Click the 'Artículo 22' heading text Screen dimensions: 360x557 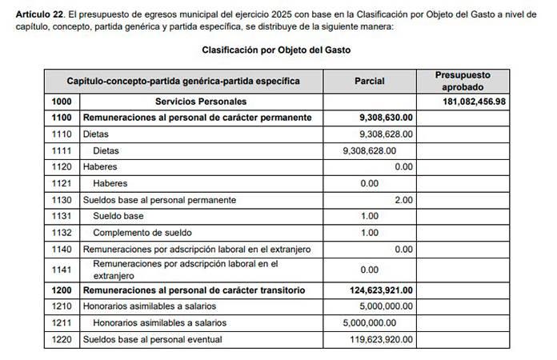(40, 15)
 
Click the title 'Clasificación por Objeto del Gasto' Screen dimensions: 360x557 (276, 50)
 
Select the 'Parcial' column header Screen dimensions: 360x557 (369, 81)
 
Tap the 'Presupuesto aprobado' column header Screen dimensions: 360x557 (463, 81)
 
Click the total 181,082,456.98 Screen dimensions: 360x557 (474, 102)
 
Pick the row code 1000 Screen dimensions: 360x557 (61, 102)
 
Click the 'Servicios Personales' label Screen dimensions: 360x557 (200, 102)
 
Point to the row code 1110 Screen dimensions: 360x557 (61, 134)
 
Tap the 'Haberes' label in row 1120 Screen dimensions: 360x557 (100, 167)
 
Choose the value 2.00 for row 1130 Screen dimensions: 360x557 (403, 200)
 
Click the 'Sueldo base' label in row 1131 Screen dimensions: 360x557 (118, 216)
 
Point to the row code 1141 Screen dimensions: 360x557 (61, 270)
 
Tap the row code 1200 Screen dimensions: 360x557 (61, 290)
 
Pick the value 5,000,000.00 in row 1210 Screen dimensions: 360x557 (383, 306)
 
